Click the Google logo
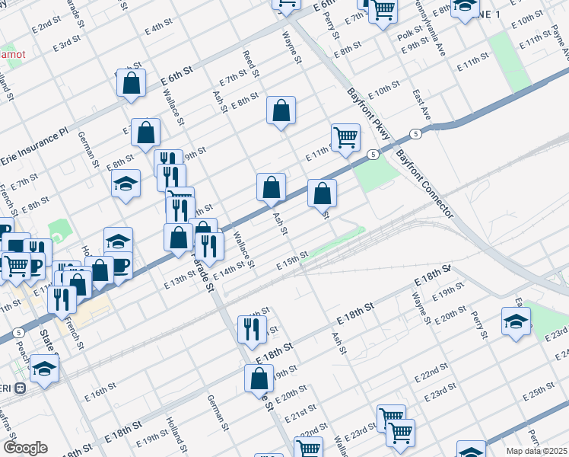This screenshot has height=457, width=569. click(x=24, y=448)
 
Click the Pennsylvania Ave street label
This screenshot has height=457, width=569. click(x=431, y=30)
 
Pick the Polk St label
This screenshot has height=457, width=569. click(x=408, y=36)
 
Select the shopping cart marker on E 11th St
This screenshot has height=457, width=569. click(x=345, y=138)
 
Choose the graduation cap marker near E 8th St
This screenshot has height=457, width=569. click(x=126, y=184)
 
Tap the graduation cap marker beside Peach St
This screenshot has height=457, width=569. click(x=45, y=370)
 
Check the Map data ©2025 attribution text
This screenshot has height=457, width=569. click(x=537, y=451)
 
